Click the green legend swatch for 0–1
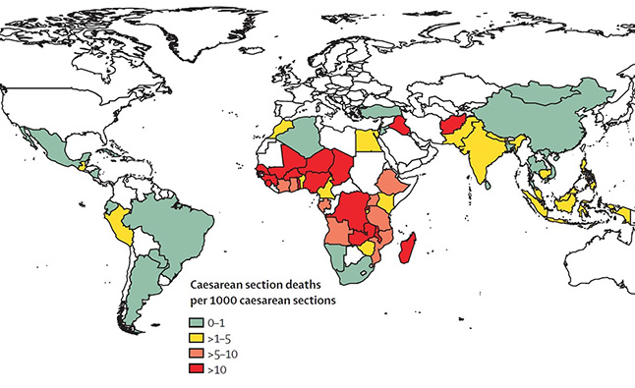pyautogui.click(x=197, y=320)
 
